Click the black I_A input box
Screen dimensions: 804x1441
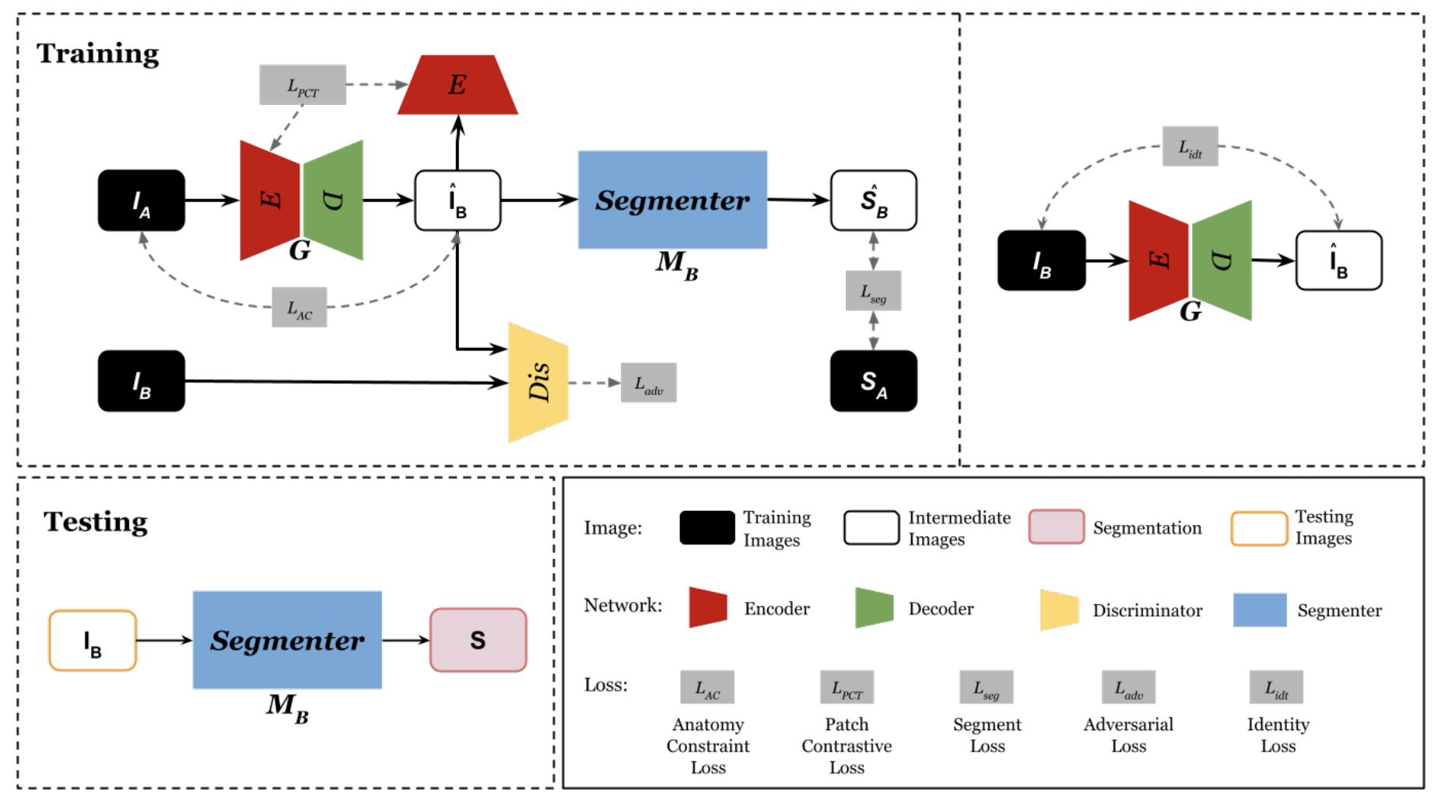tap(141, 201)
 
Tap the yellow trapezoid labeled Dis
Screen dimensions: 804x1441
tap(538, 382)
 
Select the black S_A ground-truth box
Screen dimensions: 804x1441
tap(873, 381)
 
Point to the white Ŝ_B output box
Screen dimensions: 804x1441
tap(873, 201)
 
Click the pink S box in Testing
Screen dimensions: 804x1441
tap(478, 640)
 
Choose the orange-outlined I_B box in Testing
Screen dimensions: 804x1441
tap(93, 641)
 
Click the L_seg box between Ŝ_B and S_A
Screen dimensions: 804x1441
tap(873, 291)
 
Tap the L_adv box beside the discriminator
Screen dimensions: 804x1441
tap(648, 383)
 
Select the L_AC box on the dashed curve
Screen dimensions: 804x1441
tap(299, 307)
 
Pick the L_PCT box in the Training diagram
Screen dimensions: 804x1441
tap(302, 85)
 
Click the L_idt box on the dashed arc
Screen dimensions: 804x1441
tap(1190, 146)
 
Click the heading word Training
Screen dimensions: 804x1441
tap(98, 54)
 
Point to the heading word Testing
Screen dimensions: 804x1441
tap(95, 521)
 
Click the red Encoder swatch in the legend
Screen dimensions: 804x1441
tap(708, 607)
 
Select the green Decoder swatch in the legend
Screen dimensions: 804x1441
tap(874, 607)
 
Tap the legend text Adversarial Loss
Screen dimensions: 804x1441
tap(1128, 735)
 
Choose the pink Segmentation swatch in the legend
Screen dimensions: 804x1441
tap(1056, 527)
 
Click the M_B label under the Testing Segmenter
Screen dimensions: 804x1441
tap(287, 707)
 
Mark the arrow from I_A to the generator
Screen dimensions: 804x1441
tap(212, 201)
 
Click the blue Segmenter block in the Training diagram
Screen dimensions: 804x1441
tap(672, 200)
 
